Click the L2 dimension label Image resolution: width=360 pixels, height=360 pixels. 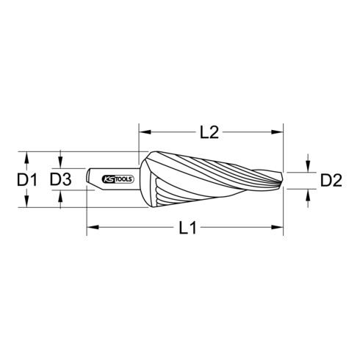tap(209, 133)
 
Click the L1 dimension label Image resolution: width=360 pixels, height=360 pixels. tap(187, 228)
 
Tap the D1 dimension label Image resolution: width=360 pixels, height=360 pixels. tap(27, 180)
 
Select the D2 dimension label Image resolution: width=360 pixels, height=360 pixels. tap(331, 181)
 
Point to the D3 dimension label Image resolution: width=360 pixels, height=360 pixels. tap(61, 179)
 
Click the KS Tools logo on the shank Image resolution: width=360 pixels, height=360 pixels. tap(118, 179)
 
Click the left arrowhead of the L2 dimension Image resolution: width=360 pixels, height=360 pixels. tap(145, 132)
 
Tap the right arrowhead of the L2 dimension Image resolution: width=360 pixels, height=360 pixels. tap(277, 132)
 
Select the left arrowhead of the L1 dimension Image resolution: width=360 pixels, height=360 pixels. tap(93, 227)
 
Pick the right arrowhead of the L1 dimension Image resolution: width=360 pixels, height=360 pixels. tap(277, 227)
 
